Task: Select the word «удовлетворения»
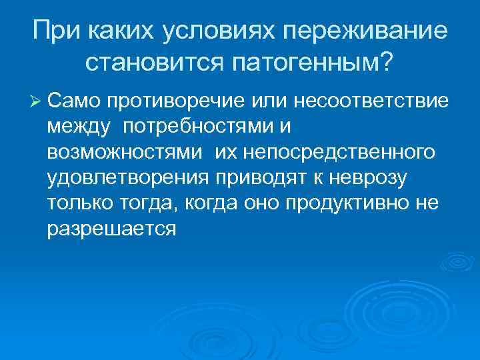click(x=128, y=177)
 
